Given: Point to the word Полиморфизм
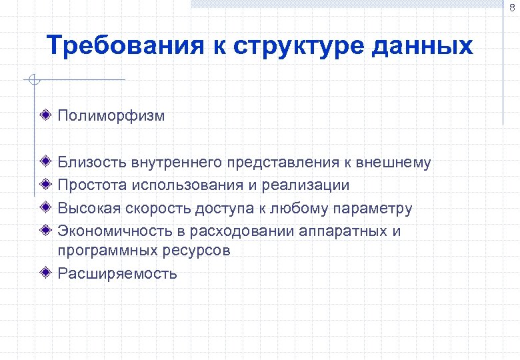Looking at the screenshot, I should tap(111, 116).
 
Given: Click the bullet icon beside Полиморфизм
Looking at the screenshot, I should tap(45, 115).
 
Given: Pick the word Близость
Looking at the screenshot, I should tap(91, 162).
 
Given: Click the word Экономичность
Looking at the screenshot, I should tap(112, 231).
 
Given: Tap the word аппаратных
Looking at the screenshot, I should tap(343, 231).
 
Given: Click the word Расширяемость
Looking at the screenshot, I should tap(117, 273).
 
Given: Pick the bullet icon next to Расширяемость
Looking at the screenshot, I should tap(45, 273).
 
